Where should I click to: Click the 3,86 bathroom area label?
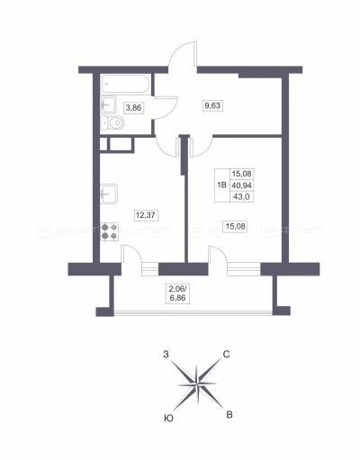click(133, 107)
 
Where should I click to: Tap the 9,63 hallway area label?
click(212, 105)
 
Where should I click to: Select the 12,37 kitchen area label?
click(147, 215)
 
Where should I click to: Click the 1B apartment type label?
click(221, 185)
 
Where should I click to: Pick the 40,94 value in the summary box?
click(241, 185)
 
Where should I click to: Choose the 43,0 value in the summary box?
click(241, 197)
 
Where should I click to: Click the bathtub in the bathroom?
click(126, 84)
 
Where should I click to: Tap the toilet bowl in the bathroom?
click(112, 122)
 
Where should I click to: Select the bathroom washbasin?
click(108, 104)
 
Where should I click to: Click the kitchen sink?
click(109, 194)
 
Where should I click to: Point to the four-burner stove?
click(109, 231)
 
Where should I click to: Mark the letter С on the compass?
click(226, 355)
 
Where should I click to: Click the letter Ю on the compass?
click(169, 419)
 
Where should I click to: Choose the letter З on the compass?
click(166, 355)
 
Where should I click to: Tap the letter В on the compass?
click(229, 415)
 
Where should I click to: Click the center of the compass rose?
click(197, 384)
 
